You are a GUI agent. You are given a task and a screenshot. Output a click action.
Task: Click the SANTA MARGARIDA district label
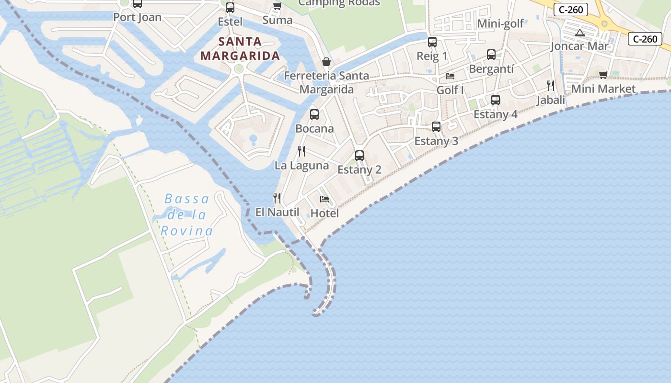coord(240,48)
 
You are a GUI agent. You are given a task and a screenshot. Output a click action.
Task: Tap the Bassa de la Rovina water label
coord(187,214)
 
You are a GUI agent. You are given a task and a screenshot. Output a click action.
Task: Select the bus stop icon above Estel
coord(230,8)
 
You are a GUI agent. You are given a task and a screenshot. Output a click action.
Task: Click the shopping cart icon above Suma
coord(277,6)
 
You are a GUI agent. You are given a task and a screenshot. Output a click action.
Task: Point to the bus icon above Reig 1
coord(432,42)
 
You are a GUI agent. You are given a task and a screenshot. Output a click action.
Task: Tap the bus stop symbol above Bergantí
coord(491,55)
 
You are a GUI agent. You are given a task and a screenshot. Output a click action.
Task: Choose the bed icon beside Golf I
coord(450,76)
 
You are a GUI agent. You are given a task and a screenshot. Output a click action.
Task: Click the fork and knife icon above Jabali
coord(551,86)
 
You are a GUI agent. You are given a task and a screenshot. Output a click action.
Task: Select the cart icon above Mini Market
coord(603,75)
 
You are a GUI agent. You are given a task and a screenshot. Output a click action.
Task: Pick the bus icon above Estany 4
coord(496,100)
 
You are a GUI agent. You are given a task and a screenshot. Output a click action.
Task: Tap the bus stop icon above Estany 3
coord(436,127)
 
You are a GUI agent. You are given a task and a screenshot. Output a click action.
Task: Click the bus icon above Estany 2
coord(359,156)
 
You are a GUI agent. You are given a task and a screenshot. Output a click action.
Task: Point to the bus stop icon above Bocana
coord(314,114)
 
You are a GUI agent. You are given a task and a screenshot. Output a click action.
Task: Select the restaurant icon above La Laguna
coord(301,151)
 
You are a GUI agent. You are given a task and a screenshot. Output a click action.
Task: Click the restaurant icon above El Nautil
coord(277,198)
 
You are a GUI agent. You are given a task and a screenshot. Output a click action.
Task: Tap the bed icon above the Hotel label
coord(324,199)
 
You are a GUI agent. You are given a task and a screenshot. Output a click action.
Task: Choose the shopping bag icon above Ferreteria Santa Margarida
coord(326,62)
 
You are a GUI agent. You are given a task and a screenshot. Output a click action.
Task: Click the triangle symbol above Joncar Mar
coord(580,33)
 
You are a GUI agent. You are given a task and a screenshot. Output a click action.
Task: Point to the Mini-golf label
coord(501,23)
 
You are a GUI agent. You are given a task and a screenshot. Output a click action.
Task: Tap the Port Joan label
coord(137,17)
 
